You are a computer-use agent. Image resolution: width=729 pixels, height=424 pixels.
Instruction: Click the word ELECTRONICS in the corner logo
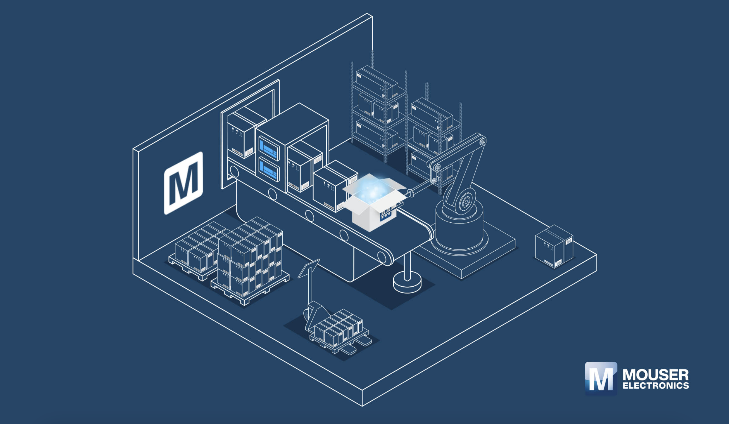[656, 386]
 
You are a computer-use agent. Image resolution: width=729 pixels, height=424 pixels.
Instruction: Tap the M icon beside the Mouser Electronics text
[601, 378]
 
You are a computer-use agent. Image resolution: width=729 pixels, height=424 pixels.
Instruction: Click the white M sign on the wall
[184, 183]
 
